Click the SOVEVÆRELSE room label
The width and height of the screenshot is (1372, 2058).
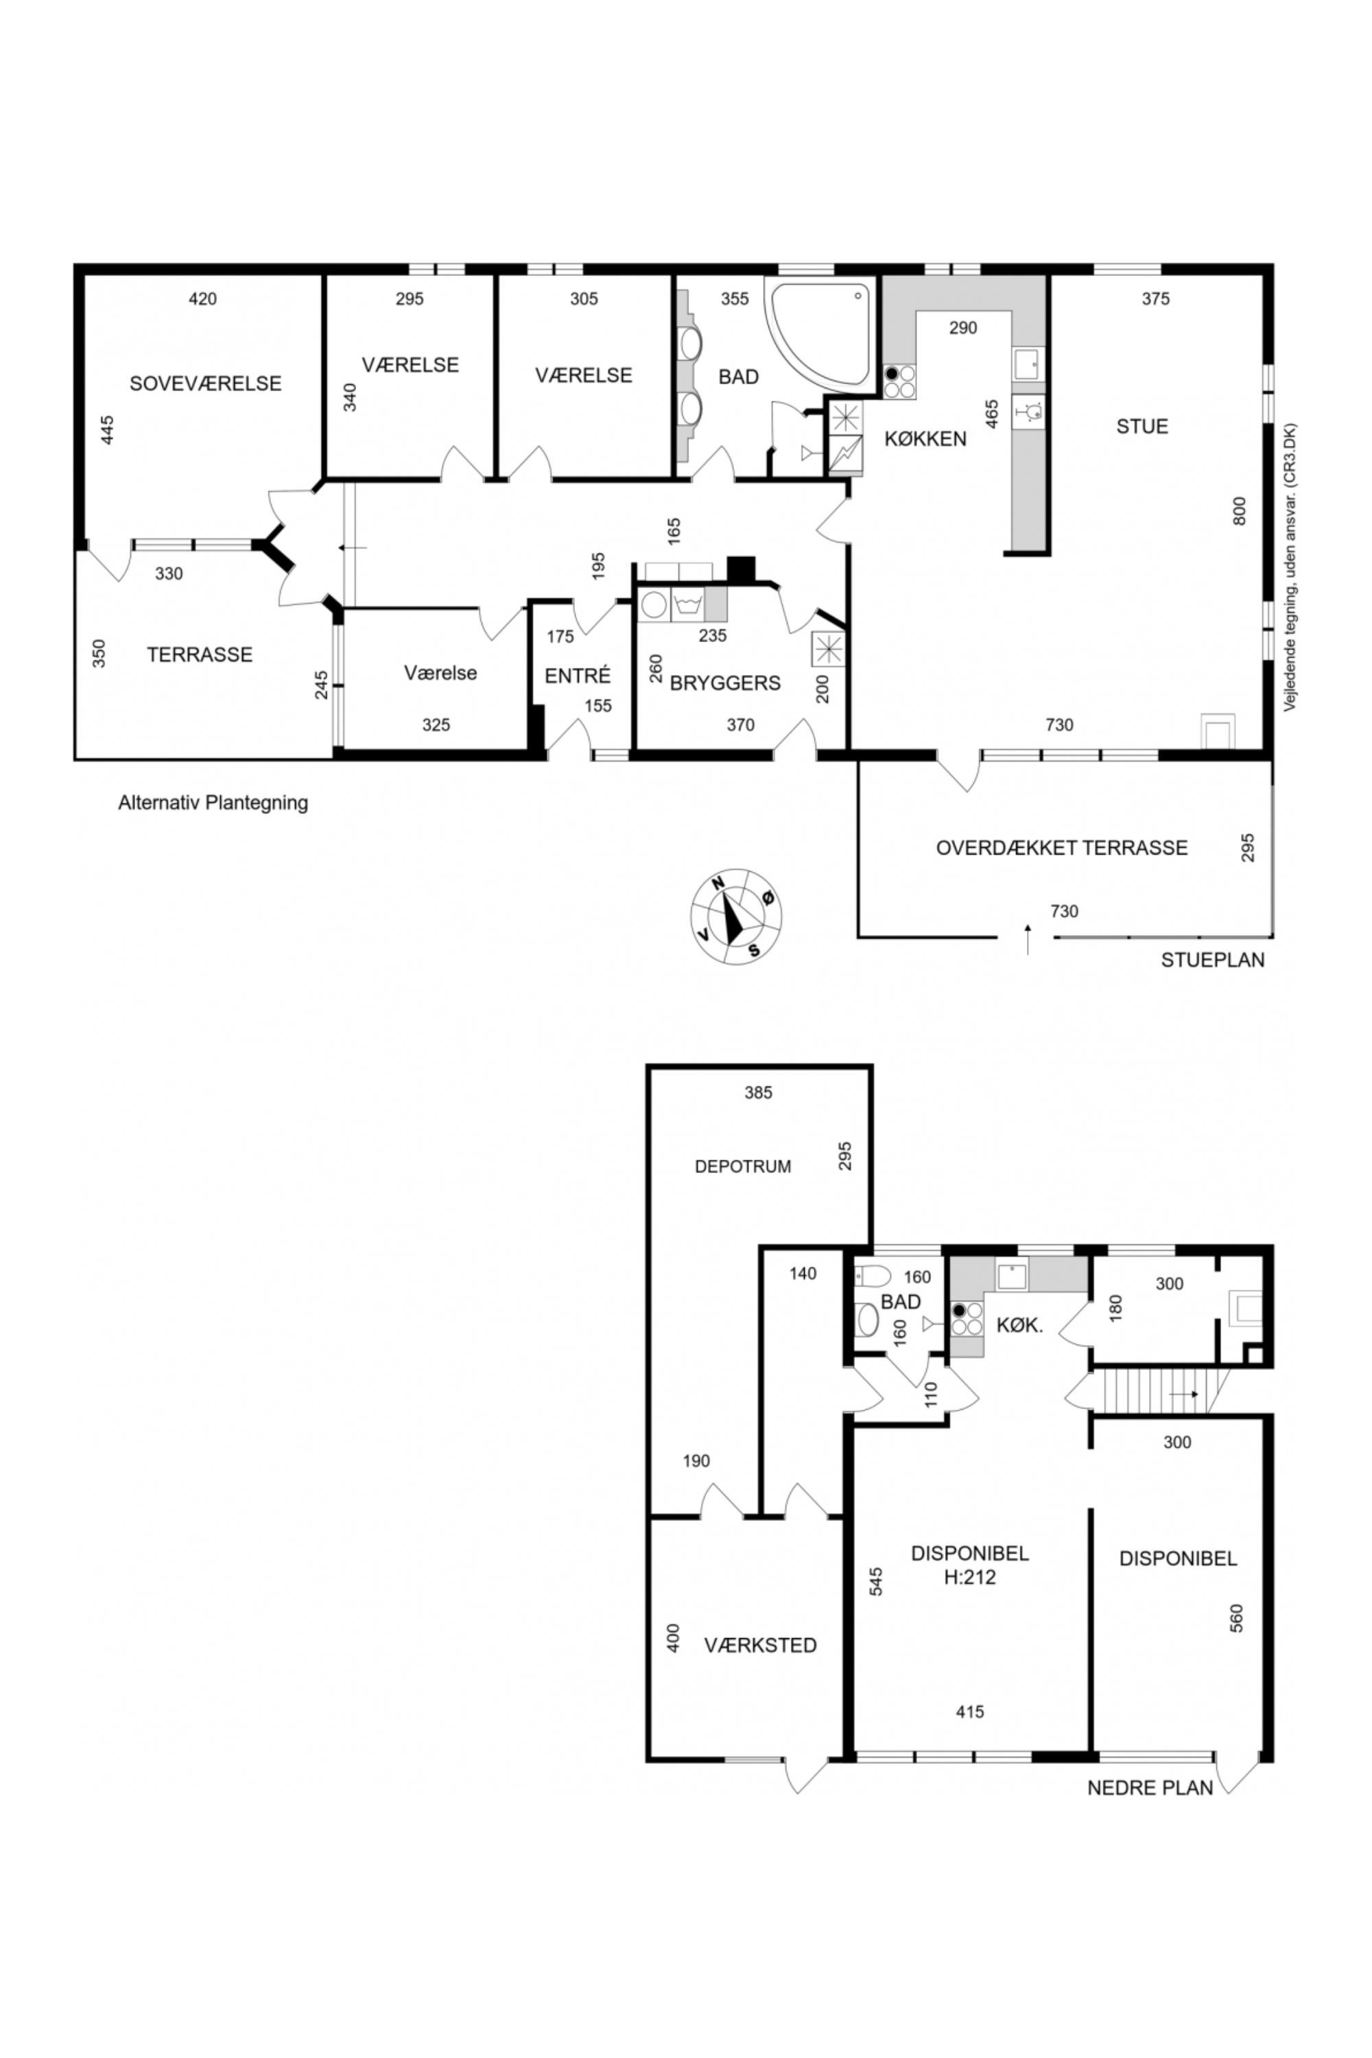[x=206, y=383]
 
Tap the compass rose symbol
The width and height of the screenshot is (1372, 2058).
[x=737, y=917]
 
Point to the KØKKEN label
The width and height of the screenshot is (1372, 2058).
[x=925, y=438]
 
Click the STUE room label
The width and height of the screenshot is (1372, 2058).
[x=1142, y=426]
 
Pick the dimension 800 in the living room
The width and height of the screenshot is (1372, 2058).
[x=1239, y=511]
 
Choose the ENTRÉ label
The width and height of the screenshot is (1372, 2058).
[x=578, y=676]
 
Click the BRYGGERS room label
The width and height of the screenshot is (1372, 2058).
[x=725, y=683]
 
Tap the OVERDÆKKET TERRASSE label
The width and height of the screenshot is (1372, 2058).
[x=1062, y=848]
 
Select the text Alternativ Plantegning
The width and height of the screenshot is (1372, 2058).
[x=213, y=803]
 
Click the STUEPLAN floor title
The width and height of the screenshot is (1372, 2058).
[x=1213, y=960]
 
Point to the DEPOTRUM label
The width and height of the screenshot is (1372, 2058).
[x=743, y=1166]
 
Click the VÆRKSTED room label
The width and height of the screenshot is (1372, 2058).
[x=760, y=1645]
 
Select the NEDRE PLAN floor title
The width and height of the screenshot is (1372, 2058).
[x=1150, y=1788]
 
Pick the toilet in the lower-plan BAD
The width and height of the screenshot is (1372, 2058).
[x=873, y=1274]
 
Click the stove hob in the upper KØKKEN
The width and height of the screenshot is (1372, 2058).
[x=899, y=381]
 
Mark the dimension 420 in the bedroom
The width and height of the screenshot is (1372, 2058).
[x=203, y=299]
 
